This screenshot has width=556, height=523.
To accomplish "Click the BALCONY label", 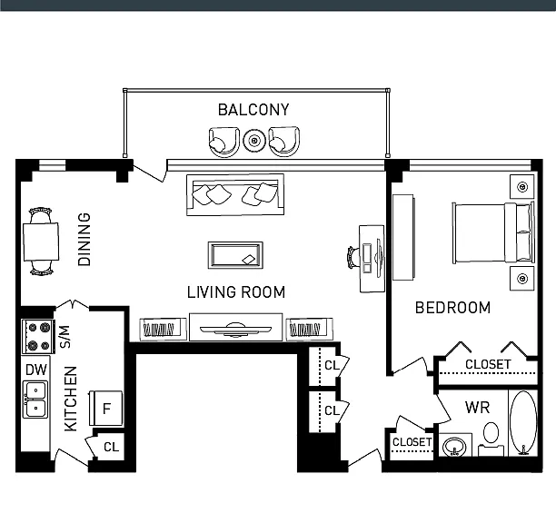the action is pyautogui.click(x=253, y=110).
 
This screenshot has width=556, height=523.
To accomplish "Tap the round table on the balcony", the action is pyautogui.click(x=254, y=141).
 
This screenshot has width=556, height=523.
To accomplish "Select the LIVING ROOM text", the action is pyautogui.click(x=236, y=292).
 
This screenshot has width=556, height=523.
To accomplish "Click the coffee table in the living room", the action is pyautogui.click(x=235, y=255).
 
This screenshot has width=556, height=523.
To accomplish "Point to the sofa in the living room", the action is pyautogui.click(x=235, y=194).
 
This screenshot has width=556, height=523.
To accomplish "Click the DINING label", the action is pyautogui.click(x=84, y=239).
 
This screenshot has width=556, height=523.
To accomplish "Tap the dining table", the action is pyautogui.click(x=41, y=242).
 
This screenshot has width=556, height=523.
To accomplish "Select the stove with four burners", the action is pyautogui.click(x=38, y=336).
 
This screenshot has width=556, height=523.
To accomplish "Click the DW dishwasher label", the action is pyautogui.click(x=36, y=370).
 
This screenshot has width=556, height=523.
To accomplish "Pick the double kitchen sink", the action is pyautogui.click(x=35, y=399).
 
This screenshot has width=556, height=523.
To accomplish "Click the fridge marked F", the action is pyautogui.click(x=105, y=409).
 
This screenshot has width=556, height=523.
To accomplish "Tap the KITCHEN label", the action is pyautogui.click(x=71, y=399).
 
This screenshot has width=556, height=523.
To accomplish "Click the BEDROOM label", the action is pyautogui.click(x=452, y=308).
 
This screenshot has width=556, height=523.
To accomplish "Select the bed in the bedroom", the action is pyautogui.click(x=493, y=232).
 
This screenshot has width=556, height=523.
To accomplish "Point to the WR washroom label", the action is pyautogui.click(x=477, y=408).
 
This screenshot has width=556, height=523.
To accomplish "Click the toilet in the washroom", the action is pyautogui.click(x=491, y=439).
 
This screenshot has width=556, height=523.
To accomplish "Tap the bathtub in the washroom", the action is pyautogui.click(x=523, y=423).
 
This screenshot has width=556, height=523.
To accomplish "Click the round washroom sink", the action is pyautogui.click(x=455, y=446).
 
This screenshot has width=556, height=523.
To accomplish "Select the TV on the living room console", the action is pyautogui.click(x=235, y=330).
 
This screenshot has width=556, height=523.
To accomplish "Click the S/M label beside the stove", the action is pyautogui.click(x=65, y=337).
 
